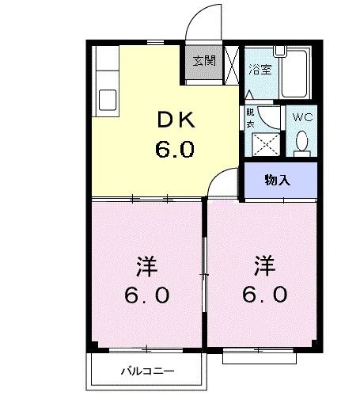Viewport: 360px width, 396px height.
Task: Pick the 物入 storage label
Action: [276, 179]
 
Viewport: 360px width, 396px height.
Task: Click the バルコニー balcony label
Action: [147, 370]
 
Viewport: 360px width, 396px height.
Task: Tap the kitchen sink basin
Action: [107, 101]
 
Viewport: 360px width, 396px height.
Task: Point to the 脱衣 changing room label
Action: [250, 116]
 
